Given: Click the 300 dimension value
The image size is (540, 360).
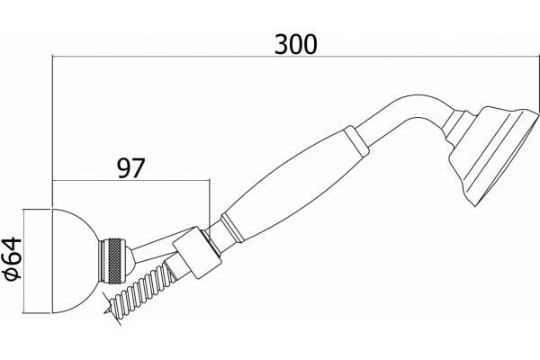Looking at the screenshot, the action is (x=295, y=44).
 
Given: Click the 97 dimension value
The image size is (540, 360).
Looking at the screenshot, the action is (x=131, y=168).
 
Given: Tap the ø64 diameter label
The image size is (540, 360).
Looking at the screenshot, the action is (x=13, y=258).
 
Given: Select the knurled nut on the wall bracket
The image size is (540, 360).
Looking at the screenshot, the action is (x=112, y=261).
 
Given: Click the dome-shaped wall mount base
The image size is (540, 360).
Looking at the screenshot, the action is (x=74, y=261).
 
